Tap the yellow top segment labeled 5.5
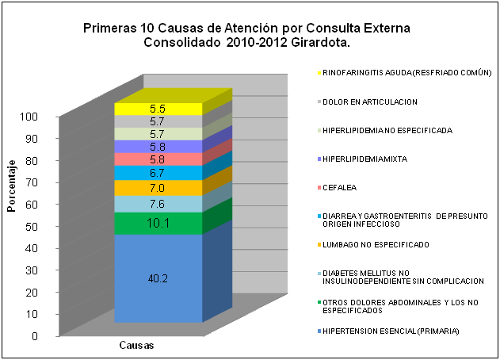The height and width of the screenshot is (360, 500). pos(158,109)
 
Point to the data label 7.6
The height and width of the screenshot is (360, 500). pos(158,205)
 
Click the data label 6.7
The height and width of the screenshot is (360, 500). pos(158,173)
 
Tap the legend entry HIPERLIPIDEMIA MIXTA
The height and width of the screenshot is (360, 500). pos(365,159)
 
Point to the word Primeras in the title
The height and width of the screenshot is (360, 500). pos(110,28)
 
